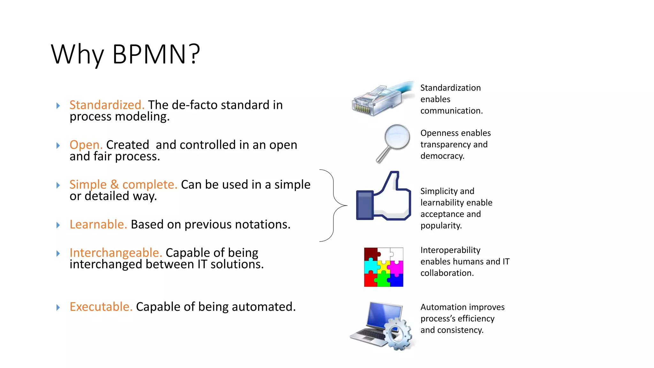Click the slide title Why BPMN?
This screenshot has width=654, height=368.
point(125,54)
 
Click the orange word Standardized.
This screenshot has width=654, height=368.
point(107,105)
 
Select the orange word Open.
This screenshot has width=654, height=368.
point(86,145)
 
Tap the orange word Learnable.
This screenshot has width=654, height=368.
point(98,225)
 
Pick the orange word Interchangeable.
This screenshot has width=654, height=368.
point(116,253)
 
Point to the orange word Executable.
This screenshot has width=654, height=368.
point(101,307)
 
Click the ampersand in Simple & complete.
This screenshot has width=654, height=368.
point(114,185)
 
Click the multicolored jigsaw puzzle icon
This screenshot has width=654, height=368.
point(384,267)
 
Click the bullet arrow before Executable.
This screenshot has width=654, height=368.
point(58,307)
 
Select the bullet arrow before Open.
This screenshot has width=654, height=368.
point(58,146)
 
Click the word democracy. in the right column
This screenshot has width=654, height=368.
point(442,156)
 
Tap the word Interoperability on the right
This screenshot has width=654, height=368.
point(450,250)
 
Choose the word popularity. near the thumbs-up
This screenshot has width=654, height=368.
point(441,226)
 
